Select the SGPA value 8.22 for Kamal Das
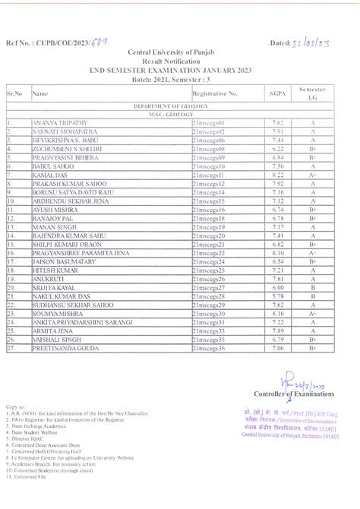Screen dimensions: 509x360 (x=277, y=175)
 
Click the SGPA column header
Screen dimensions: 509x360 (x=277, y=93)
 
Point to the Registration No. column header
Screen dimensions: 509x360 (x=215, y=93)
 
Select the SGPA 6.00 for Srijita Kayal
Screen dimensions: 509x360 (x=277, y=287)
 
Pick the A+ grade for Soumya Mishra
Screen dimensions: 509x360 (x=312, y=313)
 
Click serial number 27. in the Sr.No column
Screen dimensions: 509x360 (x=12, y=347)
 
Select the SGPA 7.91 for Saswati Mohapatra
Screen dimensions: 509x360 (x=277, y=131)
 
